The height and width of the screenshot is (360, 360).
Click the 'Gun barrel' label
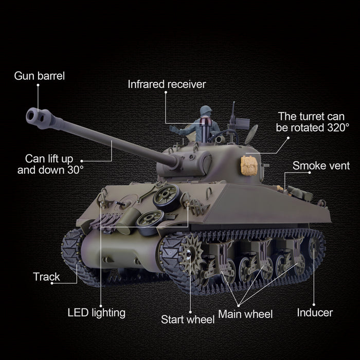(x=39, y=76)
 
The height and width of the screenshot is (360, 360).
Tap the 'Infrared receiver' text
(x=167, y=84)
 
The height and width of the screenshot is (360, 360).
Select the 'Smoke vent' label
(x=321, y=166)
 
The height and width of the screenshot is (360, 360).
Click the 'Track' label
(x=46, y=277)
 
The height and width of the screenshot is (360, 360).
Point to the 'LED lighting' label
(x=97, y=313)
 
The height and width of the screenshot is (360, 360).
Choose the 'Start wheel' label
(x=188, y=319)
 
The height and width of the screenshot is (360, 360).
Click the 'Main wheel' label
(x=245, y=314)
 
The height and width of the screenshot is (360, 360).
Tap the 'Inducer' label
(x=315, y=313)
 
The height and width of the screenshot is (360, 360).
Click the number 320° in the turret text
(x=338, y=128)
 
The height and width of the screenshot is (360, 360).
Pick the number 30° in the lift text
(x=76, y=170)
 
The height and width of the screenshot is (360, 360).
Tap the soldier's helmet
(x=206, y=110)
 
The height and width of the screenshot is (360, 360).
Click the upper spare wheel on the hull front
(x=167, y=197)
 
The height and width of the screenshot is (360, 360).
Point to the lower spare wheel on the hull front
(x=150, y=223)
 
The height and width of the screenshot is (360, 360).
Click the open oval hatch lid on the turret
(x=251, y=135)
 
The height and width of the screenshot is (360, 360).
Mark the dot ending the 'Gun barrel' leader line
(x=38, y=85)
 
